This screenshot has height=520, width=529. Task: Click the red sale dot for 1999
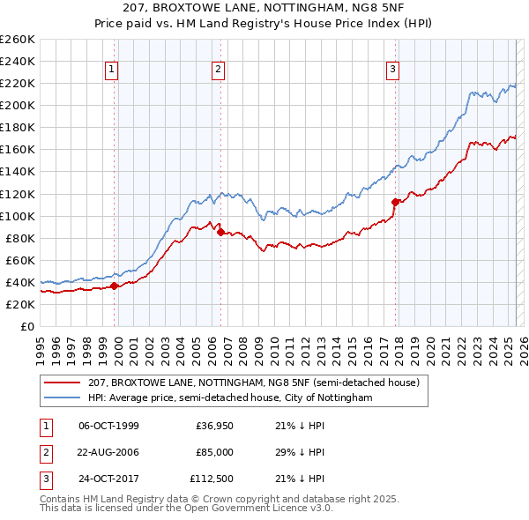(x=115, y=285)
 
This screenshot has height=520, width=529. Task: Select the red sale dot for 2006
(x=220, y=232)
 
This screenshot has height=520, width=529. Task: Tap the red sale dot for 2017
(x=395, y=201)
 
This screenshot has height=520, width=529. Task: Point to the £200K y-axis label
(x=18, y=105)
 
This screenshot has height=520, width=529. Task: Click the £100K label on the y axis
(x=18, y=216)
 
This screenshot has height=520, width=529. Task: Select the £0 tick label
(x=26, y=326)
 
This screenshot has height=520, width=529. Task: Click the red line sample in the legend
(x=63, y=383)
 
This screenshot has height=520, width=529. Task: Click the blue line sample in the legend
(x=63, y=397)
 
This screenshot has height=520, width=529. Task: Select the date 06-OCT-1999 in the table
(x=108, y=426)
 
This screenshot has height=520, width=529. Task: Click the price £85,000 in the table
(x=214, y=452)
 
